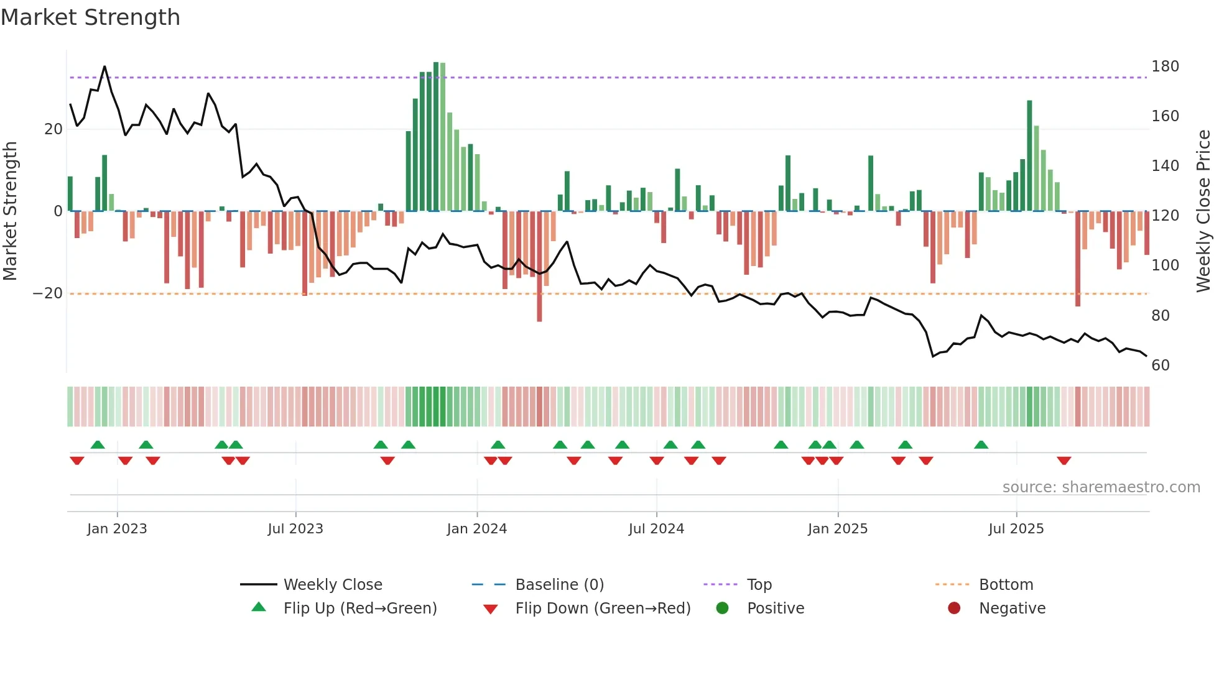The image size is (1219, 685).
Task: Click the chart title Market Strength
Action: [90, 17]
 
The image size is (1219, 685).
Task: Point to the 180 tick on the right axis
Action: [1164, 67]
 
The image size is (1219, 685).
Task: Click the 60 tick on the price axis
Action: [1160, 365]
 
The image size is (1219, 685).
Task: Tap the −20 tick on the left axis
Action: [48, 293]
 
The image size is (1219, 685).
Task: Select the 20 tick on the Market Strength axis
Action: [53, 129]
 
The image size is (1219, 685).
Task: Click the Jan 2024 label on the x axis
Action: [476, 529]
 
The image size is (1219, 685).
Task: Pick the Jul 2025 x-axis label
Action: [1016, 529]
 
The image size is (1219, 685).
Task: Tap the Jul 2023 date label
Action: [295, 529]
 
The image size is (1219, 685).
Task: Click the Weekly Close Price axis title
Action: [1203, 211]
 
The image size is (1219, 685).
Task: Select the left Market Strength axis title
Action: [11, 211]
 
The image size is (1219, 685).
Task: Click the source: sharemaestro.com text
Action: [1101, 487]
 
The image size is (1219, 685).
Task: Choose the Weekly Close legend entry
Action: [333, 585]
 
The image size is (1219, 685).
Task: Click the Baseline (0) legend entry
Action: [559, 585]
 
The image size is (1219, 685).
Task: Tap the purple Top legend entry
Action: [759, 585]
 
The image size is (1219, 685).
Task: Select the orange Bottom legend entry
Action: [1006, 585]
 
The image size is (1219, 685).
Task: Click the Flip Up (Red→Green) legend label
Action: [360, 609]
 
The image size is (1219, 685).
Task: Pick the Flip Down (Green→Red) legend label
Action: [603, 609]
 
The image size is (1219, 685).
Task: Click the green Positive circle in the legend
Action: [722, 609]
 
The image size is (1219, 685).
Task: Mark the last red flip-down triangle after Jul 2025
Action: [1064, 461]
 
